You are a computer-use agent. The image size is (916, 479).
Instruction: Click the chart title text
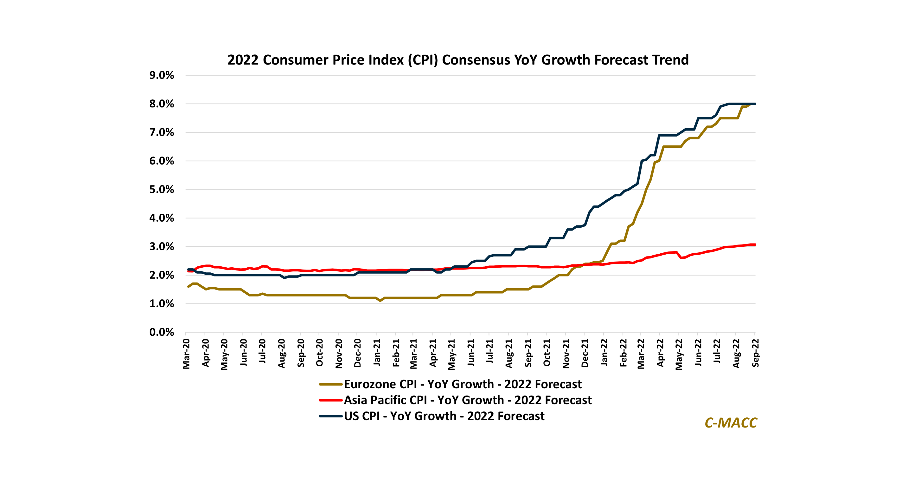coord(458,60)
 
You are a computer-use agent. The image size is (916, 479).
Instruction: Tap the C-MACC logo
coord(731,423)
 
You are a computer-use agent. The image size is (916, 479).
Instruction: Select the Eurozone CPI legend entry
coord(462,384)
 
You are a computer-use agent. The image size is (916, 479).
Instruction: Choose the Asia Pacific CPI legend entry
coord(467,400)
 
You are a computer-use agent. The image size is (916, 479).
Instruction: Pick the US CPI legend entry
coord(444,416)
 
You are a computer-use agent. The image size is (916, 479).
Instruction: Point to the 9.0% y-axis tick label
coord(162,75)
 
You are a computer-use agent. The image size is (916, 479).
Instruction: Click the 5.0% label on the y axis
coord(162,190)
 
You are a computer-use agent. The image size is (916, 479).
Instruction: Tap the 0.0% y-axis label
coord(162,332)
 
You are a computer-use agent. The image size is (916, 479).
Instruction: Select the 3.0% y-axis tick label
coord(162,247)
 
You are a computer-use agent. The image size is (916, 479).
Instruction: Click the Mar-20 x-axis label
coord(186,354)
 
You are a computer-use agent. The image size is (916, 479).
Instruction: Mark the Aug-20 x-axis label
coord(281,353)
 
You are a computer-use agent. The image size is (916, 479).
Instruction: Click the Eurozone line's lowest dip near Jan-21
coord(380,301)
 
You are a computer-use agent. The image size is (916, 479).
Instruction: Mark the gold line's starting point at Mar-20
coord(188,286)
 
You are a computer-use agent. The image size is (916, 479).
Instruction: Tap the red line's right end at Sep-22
coord(755,244)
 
